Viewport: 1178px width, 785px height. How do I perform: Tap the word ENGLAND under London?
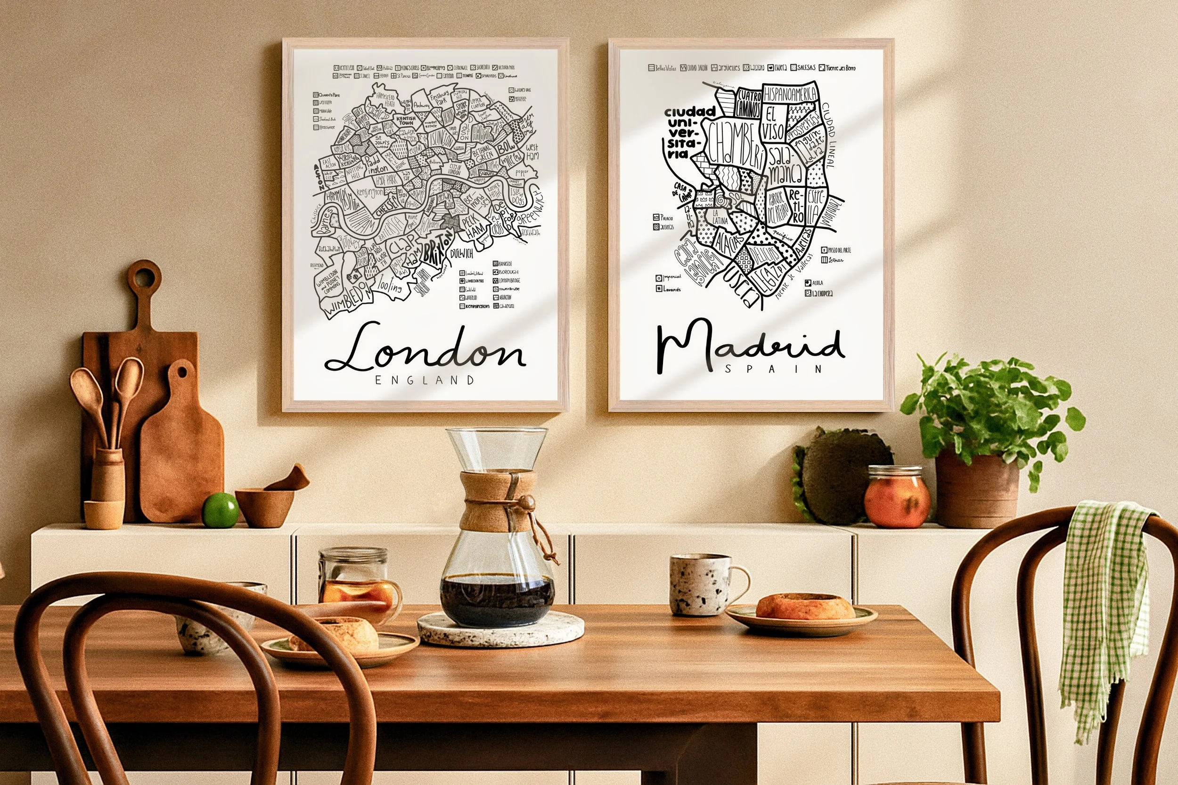coord(424,380)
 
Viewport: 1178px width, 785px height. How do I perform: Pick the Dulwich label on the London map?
coord(462,255)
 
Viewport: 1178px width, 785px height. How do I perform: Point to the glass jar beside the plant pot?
coord(897,497)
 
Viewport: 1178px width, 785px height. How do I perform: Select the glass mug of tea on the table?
coord(357,586)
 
